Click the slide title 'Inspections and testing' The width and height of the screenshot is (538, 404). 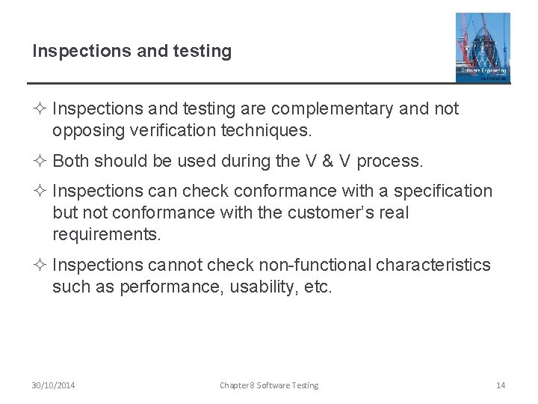132,52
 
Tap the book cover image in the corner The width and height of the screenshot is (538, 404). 483,46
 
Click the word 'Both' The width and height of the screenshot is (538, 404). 72,161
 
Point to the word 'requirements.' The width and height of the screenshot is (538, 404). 107,233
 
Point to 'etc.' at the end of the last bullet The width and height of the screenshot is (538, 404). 317,287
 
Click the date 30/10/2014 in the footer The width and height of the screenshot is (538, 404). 53,385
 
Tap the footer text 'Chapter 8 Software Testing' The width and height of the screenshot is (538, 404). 268,385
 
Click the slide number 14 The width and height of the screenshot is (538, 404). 501,385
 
